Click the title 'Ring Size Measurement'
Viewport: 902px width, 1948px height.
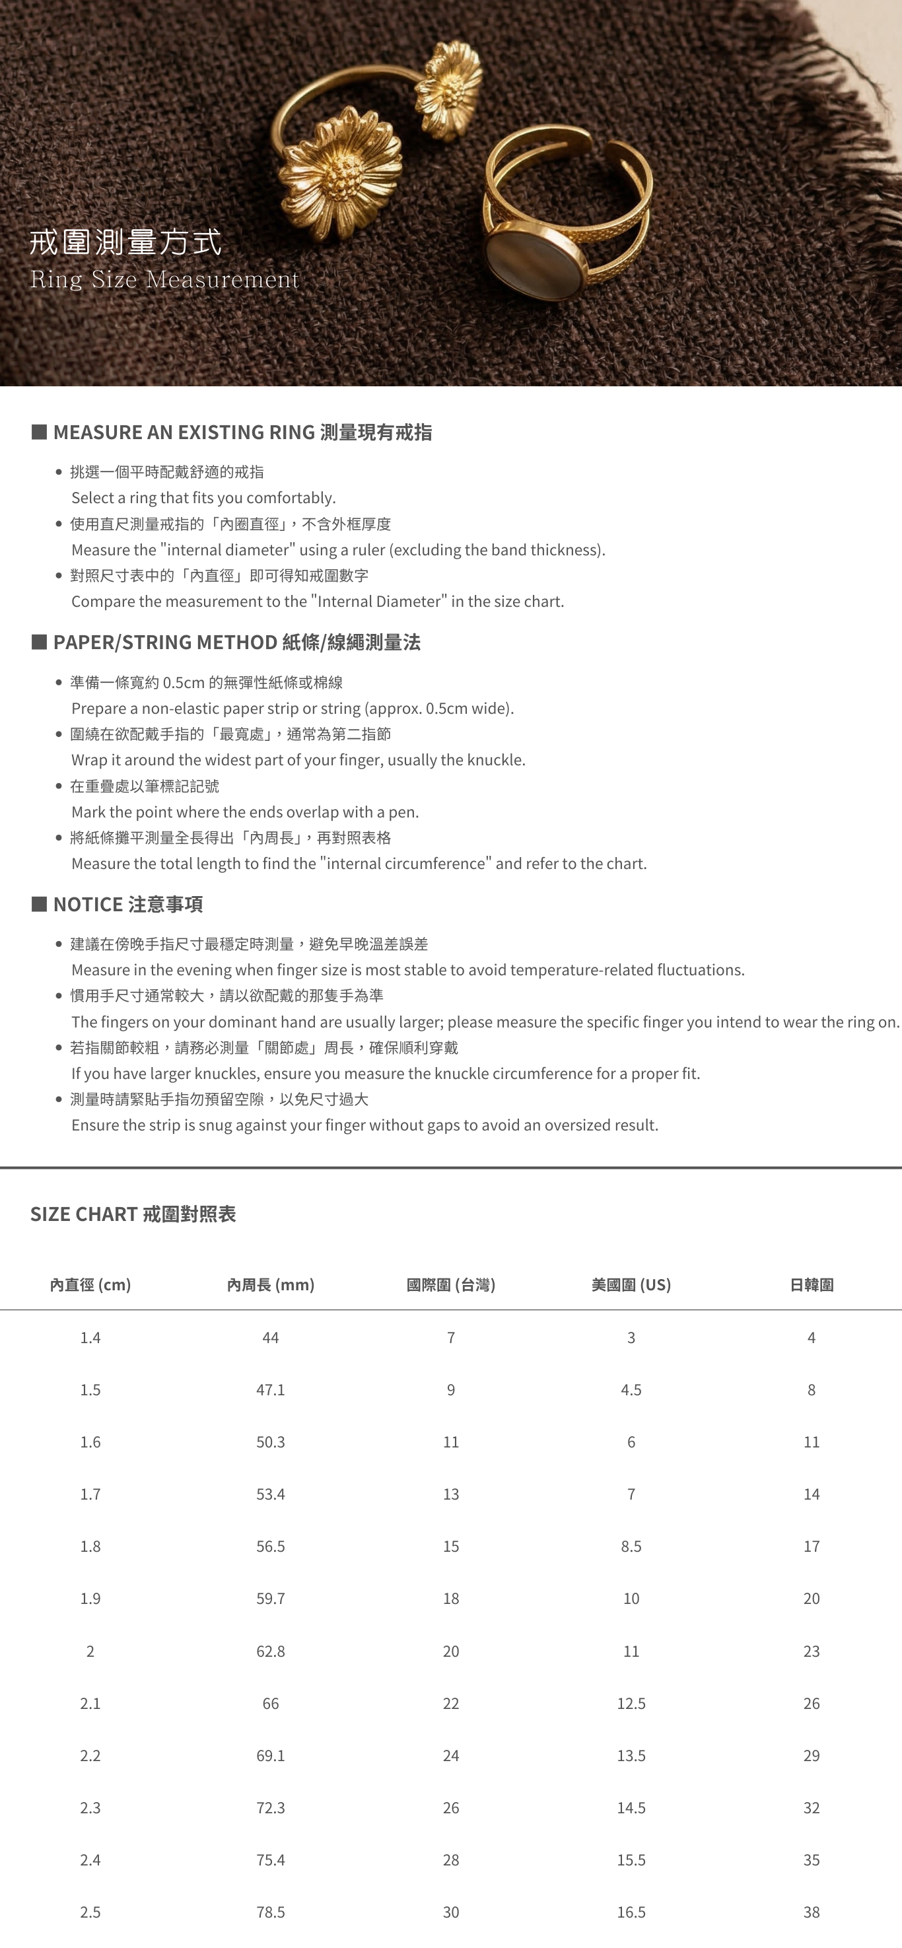click(164, 280)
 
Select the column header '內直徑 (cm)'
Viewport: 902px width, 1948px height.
click(90, 1285)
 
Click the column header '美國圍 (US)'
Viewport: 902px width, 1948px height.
click(631, 1285)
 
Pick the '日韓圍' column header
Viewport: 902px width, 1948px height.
click(812, 1285)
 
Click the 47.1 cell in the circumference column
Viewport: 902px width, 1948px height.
click(271, 1390)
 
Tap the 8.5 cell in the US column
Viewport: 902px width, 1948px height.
click(631, 1547)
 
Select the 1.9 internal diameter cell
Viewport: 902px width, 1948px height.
click(90, 1599)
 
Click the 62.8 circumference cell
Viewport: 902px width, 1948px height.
click(271, 1651)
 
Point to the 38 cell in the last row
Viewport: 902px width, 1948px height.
click(812, 1912)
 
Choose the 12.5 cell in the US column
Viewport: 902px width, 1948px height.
click(631, 1703)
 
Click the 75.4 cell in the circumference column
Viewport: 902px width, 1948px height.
click(271, 1860)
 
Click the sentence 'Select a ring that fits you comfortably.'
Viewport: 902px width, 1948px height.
click(203, 498)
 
